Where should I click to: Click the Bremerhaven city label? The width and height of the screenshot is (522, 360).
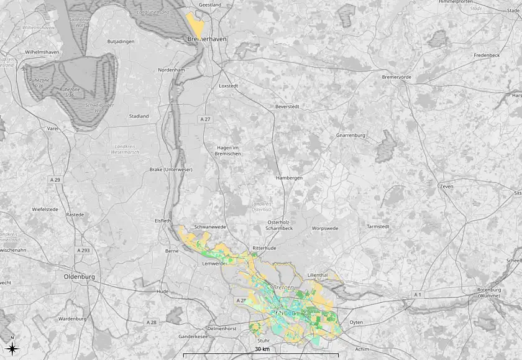pos(207,39)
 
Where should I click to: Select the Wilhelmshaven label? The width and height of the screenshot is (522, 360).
pos(42,52)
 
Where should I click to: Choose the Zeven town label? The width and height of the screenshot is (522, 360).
pos(446,187)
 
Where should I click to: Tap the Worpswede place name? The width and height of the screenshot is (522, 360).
pos(325,228)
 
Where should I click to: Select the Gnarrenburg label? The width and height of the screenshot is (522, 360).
pos(350,135)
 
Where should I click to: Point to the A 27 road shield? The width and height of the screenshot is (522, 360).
pos(206,118)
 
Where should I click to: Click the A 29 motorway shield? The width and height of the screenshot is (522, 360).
pos(55,180)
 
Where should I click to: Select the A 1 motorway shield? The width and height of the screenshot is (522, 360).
pos(418,293)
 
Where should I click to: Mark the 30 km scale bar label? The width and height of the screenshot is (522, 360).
pos(262,349)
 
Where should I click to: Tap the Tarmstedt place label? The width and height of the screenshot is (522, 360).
pos(378,226)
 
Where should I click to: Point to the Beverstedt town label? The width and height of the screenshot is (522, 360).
pos(287,106)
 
